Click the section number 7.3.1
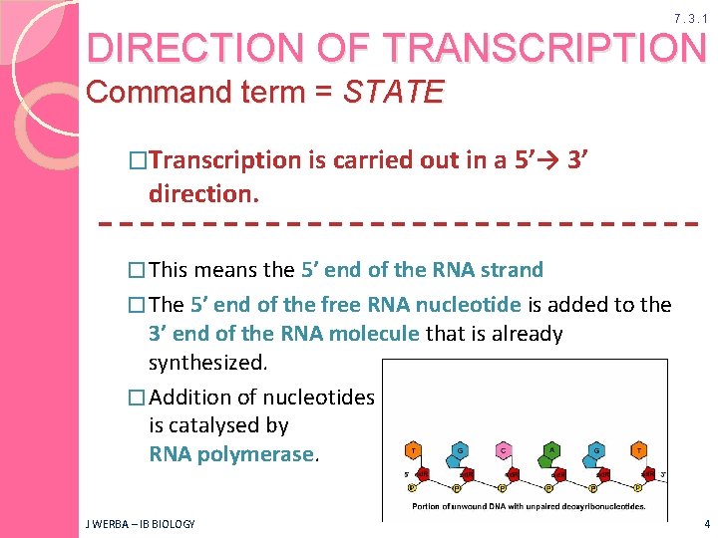(x=690, y=19)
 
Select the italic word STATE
(x=393, y=94)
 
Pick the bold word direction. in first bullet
(x=203, y=192)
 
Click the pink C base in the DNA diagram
(x=504, y=450)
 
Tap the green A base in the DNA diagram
(x=549, y=450)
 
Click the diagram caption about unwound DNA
(x=526, y=507)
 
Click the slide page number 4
(x=704, y=524)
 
